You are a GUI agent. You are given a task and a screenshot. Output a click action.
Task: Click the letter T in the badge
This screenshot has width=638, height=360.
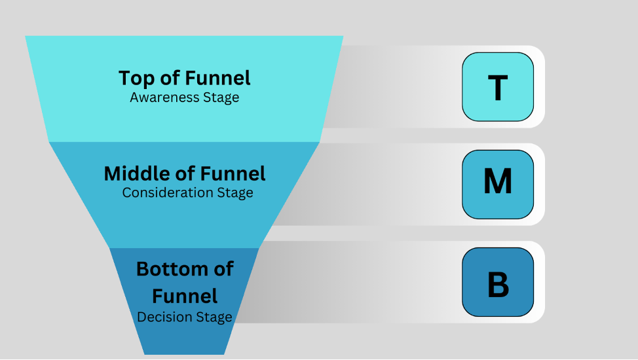click(x=498, y=88)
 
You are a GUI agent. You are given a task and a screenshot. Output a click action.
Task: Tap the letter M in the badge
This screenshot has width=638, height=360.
click(x=498, y=181)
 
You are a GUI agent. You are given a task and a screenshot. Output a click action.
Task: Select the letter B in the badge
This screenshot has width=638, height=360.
click(x=498, y=284)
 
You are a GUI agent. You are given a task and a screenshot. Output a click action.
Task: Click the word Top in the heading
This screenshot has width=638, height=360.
click(x=136, y=79)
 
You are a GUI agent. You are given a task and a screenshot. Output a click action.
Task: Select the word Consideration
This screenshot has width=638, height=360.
click(x=168, y=192)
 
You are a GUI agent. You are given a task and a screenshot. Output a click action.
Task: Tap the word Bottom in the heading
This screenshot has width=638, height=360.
click(x=174, y=269)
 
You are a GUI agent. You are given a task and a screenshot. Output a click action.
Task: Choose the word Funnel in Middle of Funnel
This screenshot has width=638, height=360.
click(x=233, y=173)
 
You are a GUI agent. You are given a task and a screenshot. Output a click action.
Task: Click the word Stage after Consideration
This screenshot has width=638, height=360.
click(x=235, y=193)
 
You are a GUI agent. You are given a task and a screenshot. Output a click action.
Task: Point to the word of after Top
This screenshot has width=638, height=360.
click(x=170, y=78)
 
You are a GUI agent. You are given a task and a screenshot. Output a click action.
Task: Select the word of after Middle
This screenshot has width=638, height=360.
click(x=185, y=173)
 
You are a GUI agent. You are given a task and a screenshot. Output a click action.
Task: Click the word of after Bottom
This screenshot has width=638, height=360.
click(x=224, y=269)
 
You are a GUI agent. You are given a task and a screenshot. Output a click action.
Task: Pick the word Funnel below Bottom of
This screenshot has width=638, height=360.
click(x=185, y=296)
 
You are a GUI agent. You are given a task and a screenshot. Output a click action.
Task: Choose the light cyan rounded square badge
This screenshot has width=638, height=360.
click(x=498, y=86)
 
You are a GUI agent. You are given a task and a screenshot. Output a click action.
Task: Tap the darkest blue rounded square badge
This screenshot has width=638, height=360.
click(x=498, y=282)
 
